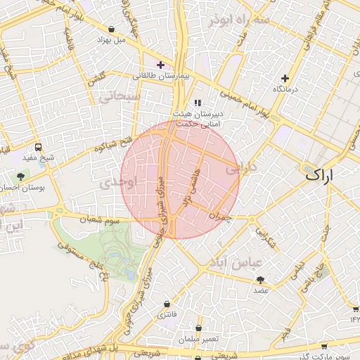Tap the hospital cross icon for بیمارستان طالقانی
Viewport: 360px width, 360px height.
point(161,65)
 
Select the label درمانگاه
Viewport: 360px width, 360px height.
point(286,89)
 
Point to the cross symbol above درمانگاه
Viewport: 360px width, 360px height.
point(285,78)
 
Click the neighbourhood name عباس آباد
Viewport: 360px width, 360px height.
point(234,262)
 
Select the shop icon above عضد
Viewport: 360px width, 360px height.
point(261,279)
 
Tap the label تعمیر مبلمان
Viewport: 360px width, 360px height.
point(199,340)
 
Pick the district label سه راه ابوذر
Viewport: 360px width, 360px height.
point(238,20)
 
